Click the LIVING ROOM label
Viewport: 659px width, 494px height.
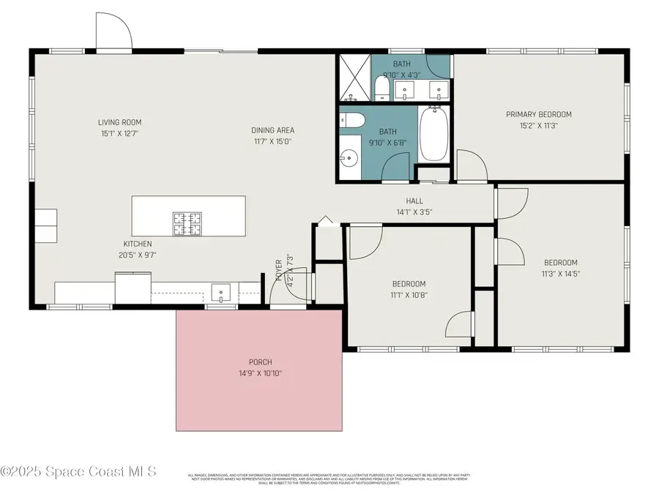coord(120,122)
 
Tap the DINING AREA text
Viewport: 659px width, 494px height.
coord(273,131)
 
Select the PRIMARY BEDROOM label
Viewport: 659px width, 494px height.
coord(539,114)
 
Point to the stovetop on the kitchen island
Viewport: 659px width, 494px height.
coord(187,223)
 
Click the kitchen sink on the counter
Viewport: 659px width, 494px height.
coord(220,293)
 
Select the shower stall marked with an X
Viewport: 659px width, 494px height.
coord(354,78)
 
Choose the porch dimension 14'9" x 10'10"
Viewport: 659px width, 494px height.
coord(260,373)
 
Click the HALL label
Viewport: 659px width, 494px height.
coord(414,201)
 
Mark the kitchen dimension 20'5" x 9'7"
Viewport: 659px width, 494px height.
coord(137,255)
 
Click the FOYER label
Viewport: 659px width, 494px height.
coord(279,271)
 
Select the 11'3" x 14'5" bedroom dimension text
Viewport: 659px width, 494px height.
coord(560,274)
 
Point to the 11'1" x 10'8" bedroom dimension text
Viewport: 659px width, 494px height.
coord(408,295)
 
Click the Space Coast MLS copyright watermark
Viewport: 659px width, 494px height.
coord(78,471)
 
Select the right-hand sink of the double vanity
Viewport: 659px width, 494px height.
coord(438,90)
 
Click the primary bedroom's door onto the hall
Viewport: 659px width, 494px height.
coord(472,165)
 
